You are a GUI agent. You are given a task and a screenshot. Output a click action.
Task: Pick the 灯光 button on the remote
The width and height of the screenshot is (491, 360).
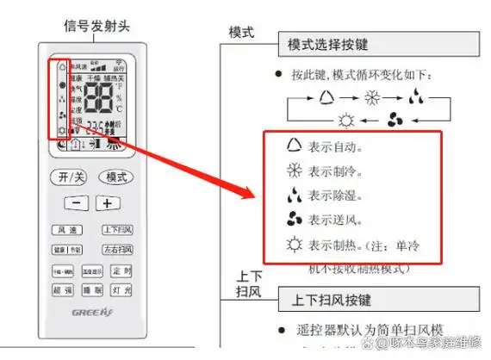121,290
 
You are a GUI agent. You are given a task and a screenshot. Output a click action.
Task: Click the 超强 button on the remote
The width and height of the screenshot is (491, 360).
62,290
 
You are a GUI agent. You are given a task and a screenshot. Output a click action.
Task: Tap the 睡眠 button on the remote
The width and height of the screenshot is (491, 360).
92,290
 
